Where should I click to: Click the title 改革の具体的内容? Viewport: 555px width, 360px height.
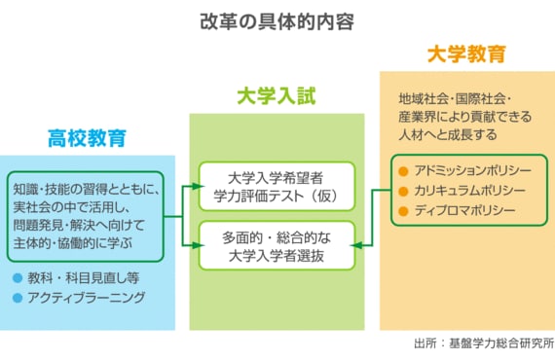tap(277, 22)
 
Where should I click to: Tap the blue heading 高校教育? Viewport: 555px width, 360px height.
tap(87, 138)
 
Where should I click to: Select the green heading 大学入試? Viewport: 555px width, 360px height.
tap(277, 95)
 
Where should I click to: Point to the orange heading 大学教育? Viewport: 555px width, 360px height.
tap(466, 54)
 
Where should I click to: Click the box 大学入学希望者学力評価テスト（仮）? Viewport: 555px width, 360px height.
tap(277, 187)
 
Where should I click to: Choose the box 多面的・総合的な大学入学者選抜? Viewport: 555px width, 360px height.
tap(277, 246)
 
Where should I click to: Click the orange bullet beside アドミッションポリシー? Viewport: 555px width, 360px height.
tap(403, 171)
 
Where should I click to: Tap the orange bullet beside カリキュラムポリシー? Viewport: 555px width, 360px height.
tap(403, 192)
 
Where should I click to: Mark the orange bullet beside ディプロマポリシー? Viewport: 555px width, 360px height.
tap(403, 211)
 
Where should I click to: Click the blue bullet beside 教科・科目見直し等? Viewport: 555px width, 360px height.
tap(18, 278)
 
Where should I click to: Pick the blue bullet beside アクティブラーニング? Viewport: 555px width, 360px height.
tap(18, 298)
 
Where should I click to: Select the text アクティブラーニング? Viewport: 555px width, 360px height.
tap(87, 298)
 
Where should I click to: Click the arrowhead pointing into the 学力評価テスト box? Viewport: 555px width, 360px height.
tap(199, 187)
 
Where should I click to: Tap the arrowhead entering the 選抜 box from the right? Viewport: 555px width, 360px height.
tap(356, 245)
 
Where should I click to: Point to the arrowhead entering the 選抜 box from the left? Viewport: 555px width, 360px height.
tap(199, 245)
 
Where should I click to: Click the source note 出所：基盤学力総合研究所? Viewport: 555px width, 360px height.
tap(484, 343)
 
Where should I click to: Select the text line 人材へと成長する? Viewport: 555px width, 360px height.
tap(448, 134)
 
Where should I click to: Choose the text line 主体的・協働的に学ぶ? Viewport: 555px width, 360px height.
tap(73, 243)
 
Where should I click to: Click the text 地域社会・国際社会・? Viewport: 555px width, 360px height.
tap(455, 98)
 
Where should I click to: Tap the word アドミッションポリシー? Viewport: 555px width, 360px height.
tap(473, 171)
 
